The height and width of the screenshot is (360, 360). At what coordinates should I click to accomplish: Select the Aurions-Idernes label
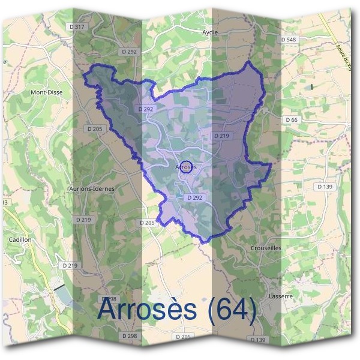92,188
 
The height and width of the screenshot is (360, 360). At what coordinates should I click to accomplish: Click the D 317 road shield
77,27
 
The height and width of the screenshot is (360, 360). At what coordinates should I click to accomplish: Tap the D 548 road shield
289,40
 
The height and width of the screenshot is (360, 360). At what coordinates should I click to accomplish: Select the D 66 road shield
292,120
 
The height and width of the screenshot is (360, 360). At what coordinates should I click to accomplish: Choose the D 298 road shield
128,336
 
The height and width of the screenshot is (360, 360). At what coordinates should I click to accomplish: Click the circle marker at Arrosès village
187,167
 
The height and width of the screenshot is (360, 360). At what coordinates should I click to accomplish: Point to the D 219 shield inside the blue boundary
221,136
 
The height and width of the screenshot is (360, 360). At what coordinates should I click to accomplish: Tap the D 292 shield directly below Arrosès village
193,197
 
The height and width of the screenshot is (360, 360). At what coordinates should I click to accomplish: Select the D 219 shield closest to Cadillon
70,265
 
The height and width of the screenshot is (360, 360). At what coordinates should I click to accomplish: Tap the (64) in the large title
230,309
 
